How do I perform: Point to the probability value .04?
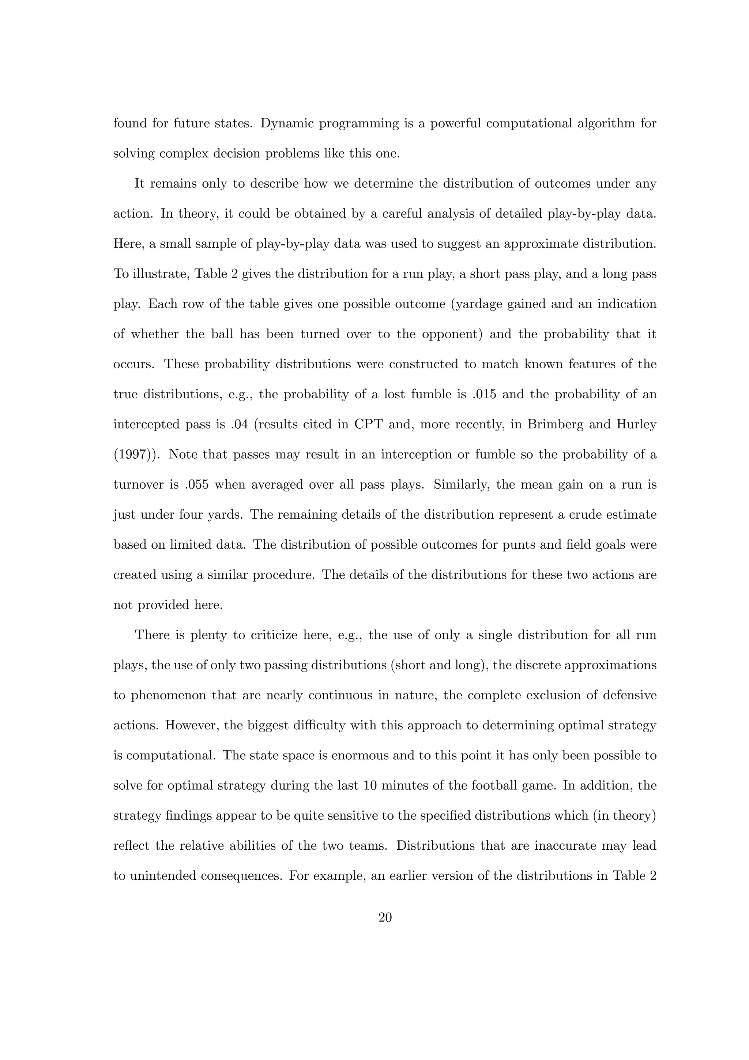coord(238,425)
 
